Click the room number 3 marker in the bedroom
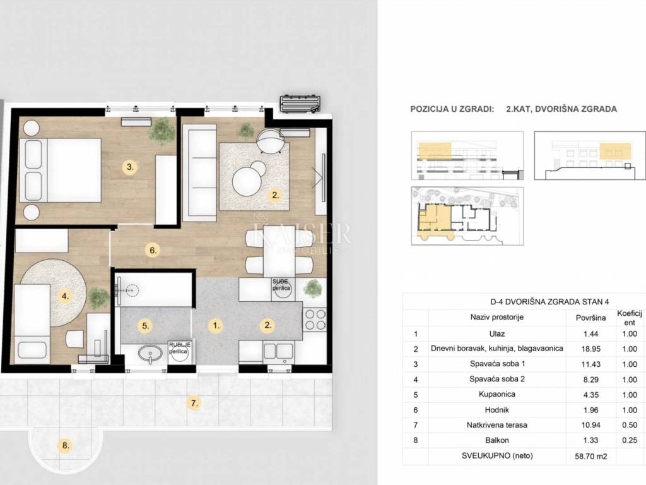point(130,167)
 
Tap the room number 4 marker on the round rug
point(65,296)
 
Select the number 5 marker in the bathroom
point(146,326)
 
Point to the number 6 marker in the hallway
point(153,250)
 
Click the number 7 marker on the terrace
point(194,403)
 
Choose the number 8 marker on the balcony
point(66,445)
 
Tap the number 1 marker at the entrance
point(216,326)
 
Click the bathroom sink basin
point(150,354)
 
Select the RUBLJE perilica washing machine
point(179,352)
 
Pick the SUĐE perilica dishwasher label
point(281,285)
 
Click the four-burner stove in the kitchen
point(315,320)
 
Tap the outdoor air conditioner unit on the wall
point(300,104)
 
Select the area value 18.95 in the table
point(590,349)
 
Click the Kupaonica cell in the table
point(497,394)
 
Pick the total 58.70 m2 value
point(590,457)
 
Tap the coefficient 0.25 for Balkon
point(630,440)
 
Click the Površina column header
point(590,318)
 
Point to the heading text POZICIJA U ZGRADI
point(452,109)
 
